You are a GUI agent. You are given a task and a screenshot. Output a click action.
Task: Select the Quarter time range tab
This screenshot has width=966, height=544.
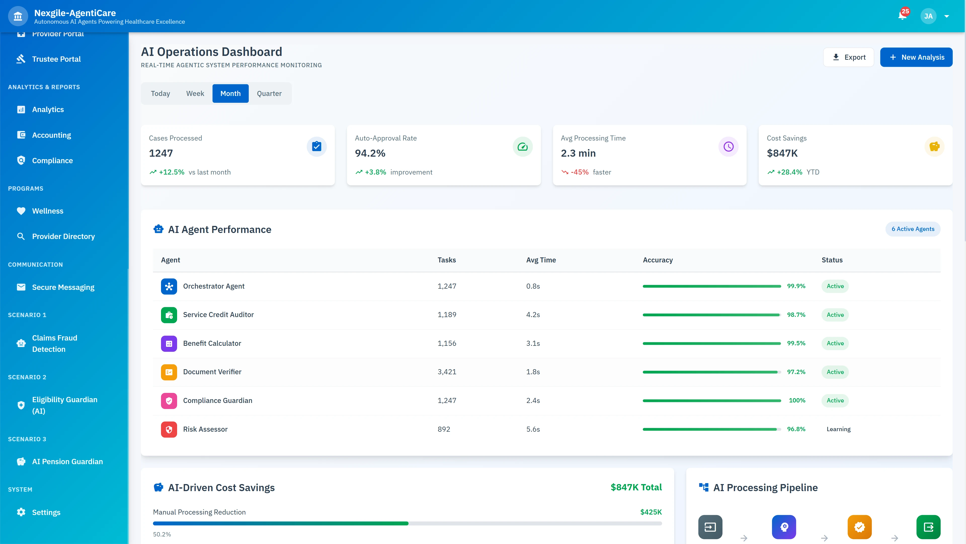[x=269, y=93]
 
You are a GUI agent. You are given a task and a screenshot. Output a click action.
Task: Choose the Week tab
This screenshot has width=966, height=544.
[x=195, y=93]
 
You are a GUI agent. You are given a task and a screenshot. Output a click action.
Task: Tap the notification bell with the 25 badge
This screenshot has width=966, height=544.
[x=902, y=16]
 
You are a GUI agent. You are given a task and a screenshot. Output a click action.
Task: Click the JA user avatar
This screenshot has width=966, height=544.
[x=928, y=16]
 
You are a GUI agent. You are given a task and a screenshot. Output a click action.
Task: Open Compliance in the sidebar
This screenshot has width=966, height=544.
[x=52, y=161]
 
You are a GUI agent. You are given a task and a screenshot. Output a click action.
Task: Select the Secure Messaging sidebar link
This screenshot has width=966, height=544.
[x=63, y=287]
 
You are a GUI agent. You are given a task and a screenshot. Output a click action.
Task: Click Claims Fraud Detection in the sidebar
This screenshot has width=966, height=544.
[x=54, y=343]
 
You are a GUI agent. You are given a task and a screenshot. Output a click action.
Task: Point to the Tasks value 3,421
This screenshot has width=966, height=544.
[x=447, y=372]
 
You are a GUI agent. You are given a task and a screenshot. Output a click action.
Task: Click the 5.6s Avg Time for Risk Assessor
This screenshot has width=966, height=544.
[x=533, y=429]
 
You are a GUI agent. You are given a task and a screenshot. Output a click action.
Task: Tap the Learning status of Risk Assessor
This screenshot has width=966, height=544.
[x=838, y=429]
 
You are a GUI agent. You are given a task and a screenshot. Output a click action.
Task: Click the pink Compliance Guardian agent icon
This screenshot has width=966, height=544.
[x=169, y=401]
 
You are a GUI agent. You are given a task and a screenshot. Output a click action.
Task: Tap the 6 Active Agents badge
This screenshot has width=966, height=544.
[x=912, y=229]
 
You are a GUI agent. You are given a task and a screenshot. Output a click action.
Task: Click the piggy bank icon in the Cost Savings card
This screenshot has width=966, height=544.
[x=934, y=146]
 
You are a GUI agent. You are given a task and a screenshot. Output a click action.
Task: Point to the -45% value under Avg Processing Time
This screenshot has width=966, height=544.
[x=579, y=172]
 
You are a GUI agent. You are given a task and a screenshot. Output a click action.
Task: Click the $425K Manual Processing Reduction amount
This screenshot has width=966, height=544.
[x=651, y=512]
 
